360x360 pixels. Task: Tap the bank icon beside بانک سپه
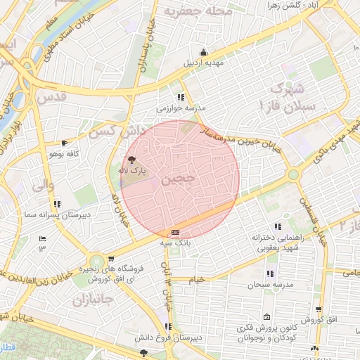(x=175, y=233)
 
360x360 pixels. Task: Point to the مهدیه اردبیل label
(x=203, y=62)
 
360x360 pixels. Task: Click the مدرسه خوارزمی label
(x=181, y=108)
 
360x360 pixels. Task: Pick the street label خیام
(x=197, y=280)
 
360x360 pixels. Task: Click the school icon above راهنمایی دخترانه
(x=278, y=226)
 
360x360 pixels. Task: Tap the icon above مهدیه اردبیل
(x=204, y=51)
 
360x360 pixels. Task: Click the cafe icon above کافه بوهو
(x=65, y=143)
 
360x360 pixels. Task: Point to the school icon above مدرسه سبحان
(x=269, y=274)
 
